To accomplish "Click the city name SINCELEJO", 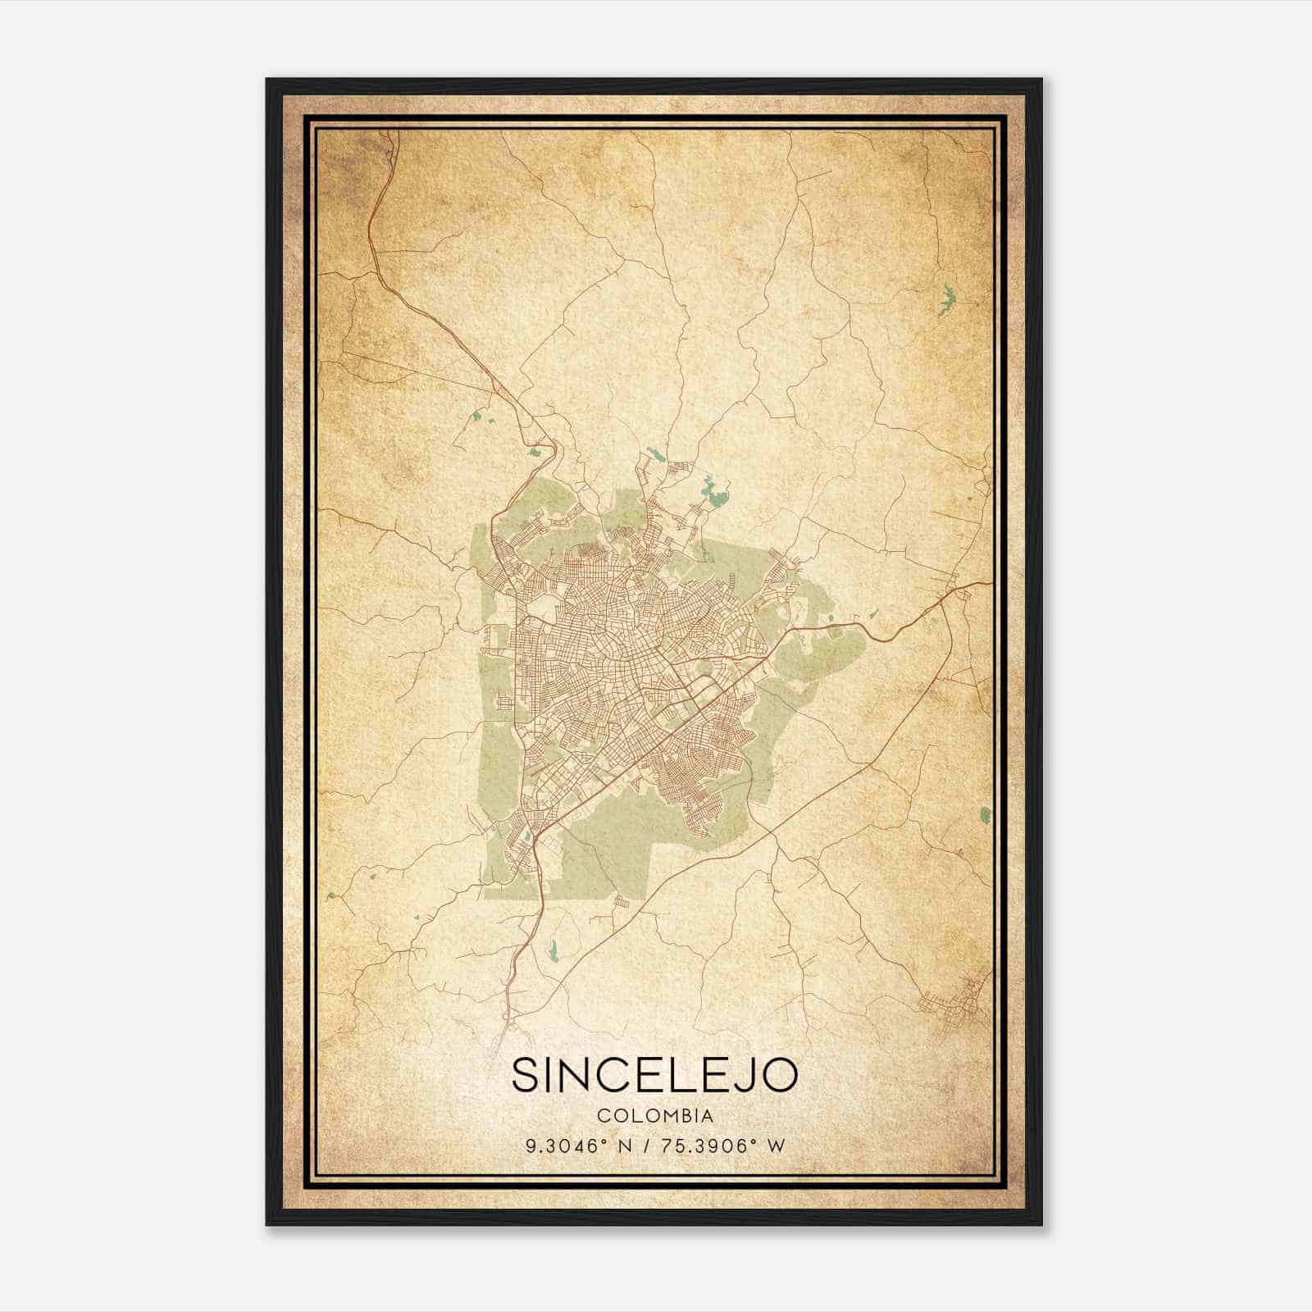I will pos(654,1075).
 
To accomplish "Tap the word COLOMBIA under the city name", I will pos(655,1116).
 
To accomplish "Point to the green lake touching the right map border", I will pos(985,815).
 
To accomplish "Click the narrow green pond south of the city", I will pos(551,950).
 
